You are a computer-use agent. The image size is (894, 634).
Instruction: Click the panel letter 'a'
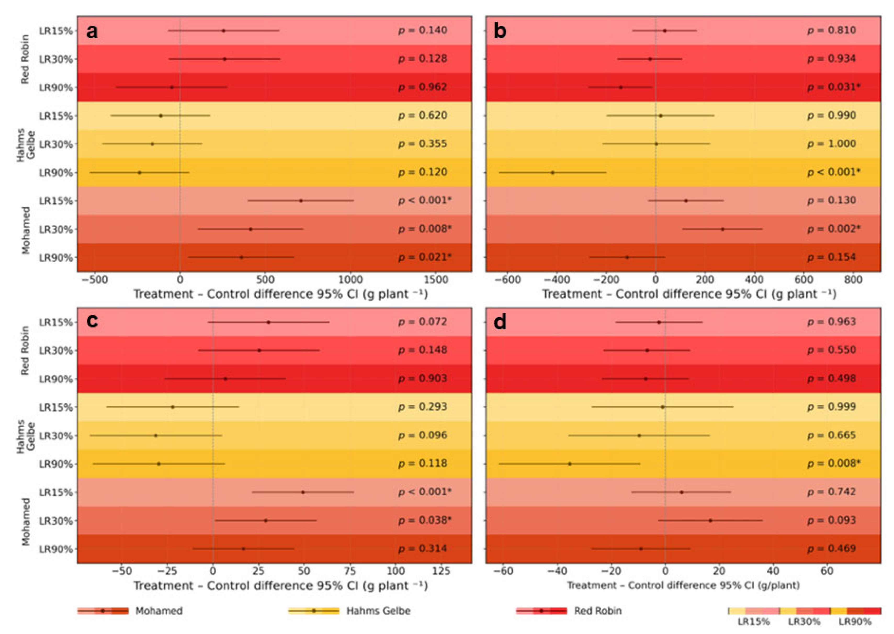click(92, 31)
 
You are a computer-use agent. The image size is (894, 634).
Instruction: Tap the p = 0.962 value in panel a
click(422, 87)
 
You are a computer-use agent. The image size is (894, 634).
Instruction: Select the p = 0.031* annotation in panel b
click(834, 87)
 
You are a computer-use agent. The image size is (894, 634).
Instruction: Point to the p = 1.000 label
click(831, 144)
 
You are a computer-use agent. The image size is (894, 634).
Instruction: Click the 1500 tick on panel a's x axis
click(436, 280)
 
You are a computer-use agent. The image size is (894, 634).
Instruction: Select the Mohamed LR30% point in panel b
click(722, 229)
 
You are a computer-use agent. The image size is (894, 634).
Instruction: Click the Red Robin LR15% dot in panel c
click(269, 322)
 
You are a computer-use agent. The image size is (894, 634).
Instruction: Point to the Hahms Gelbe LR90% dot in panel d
click(570, 464)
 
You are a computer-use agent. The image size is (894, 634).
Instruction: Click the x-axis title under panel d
click(683, 586)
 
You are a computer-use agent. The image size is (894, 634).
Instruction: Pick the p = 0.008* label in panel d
click(834, 464)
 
